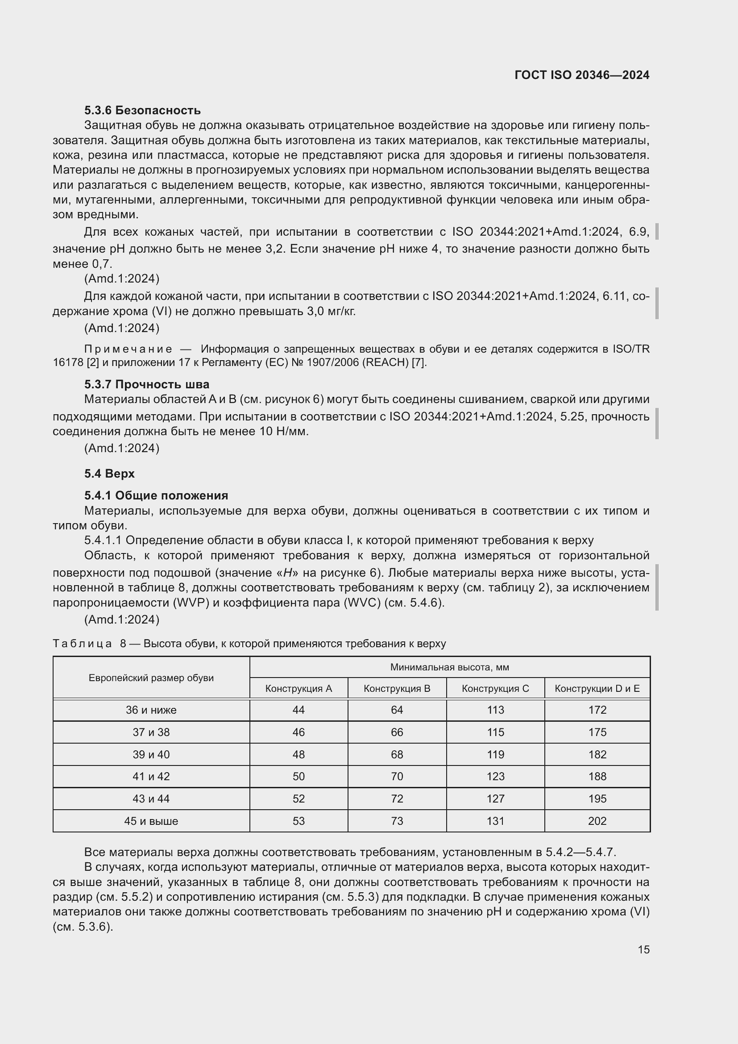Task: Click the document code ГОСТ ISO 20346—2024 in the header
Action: click(582, 75)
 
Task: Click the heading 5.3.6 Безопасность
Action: click(142, 110)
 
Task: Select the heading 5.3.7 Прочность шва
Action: click(146, 384)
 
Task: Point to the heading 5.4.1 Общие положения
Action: click(156, 495)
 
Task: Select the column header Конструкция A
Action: click(299, 688)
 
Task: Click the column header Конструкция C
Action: click(495, 688)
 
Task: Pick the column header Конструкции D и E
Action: click(597, 688)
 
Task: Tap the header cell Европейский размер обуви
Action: click(151, 678)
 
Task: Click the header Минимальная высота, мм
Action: click(449, 667)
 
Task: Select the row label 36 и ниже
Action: click(151, 710)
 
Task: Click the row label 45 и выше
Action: click(151, 821)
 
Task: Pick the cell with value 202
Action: click(597, 821)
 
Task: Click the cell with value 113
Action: click(495, 710)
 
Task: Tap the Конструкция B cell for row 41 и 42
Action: click(397, 776)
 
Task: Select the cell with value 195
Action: click(597, 799)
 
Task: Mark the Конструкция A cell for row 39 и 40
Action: click(299, 754)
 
